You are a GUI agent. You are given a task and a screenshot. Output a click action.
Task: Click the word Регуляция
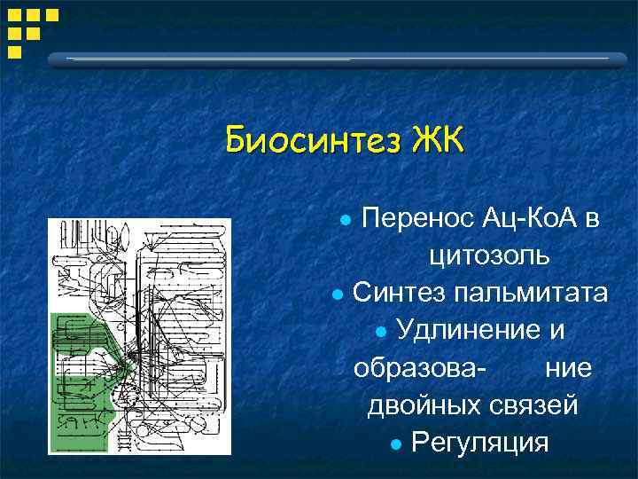tap(480, 442)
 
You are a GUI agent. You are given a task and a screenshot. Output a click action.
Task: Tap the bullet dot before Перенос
tap(348, 219)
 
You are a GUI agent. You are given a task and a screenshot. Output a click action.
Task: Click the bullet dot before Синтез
tap(337, 294)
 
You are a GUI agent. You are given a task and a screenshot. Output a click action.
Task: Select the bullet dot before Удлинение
tap(381, 331)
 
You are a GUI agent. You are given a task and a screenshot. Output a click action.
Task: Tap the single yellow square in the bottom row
tap(14, 51)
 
